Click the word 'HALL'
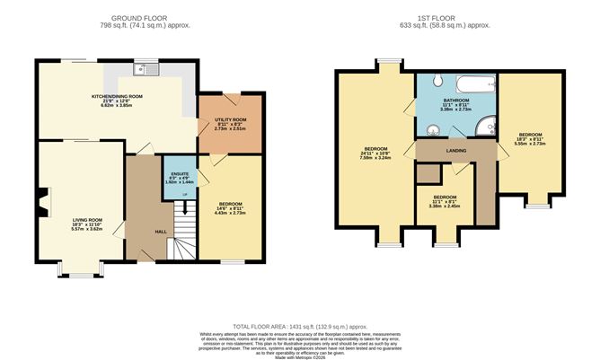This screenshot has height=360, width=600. point(160,232)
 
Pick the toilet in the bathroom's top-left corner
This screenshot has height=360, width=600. point(424,80)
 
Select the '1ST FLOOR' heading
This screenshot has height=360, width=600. point(434,18)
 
